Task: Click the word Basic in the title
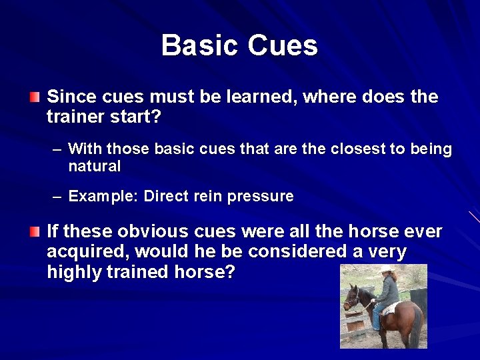pos(199,45)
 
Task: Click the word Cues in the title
pos(283,45)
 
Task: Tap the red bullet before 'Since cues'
pos(34,98)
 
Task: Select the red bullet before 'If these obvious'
pos(34,232)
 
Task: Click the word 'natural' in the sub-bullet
pos(94,167)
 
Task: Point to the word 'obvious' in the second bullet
pos(153,231)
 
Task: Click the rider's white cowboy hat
pos(385,269)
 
